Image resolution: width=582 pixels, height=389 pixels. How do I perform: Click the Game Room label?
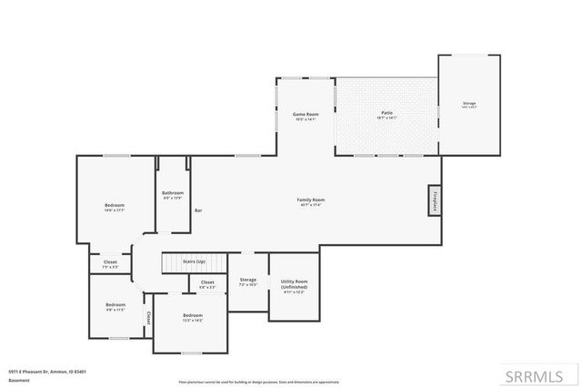[x=305, y=115]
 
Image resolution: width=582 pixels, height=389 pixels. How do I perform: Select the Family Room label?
[x=311, y=200]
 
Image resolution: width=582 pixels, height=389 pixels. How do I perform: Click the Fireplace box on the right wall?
[x=435, y=200]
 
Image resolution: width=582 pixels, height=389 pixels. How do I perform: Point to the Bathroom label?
[x=173, y=194]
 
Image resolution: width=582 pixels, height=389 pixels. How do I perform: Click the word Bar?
[x=198, y=210]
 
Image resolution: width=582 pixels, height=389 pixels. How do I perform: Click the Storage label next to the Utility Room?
[x=247, y=281]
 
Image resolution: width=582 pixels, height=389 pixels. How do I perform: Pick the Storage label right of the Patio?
[x=468, y=104]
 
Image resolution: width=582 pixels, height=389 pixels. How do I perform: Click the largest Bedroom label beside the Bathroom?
[x=114, y=207]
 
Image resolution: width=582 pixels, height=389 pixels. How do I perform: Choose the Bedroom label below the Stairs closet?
[x=192, y=316]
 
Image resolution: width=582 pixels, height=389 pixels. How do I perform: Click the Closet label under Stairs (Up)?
[x=207, y=283]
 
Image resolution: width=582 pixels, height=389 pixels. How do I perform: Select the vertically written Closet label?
[x=148, y=318]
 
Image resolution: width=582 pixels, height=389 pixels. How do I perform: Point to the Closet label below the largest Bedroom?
[x=110, y=263]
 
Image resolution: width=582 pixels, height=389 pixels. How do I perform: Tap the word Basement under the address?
[x=17, y=381]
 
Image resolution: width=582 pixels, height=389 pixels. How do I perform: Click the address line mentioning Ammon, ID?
[x=47, y=371]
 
